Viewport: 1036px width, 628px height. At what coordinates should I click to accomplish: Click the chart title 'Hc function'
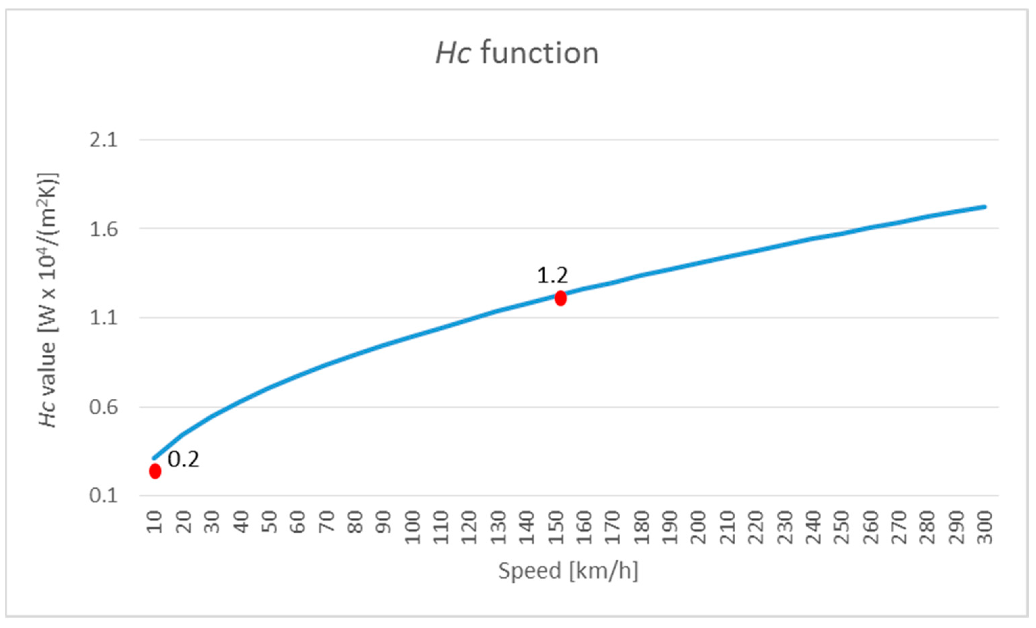coord(517,54)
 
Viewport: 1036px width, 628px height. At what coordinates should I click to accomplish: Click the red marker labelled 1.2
coord(560,298)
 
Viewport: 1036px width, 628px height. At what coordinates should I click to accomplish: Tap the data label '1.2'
coord(552,276)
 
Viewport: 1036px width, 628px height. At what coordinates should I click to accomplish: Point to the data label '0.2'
coord(183,460)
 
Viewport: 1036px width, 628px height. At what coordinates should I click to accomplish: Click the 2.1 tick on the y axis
coord(103,140)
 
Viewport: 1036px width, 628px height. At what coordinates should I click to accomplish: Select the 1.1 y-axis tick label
coord(103,318)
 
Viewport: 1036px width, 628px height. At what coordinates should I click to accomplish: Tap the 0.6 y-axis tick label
coord(103,407)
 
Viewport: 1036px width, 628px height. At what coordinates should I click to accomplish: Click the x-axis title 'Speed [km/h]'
coord(568,571)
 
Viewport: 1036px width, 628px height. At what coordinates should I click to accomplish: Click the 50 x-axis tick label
coord(270,522)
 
